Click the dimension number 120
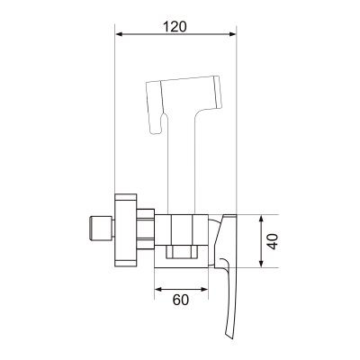(x=175, y=26)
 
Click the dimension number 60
(x=181, y=300)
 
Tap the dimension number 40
(x=273, y=241)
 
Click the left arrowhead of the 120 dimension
(x=119, y=34)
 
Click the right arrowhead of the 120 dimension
(x=233, y=34)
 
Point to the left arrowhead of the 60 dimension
(x=158, y=289)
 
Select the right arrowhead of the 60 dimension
(x=204, y=289)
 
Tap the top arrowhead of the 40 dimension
(x=261, y=219)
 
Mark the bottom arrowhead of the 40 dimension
(x=261, y=263)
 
